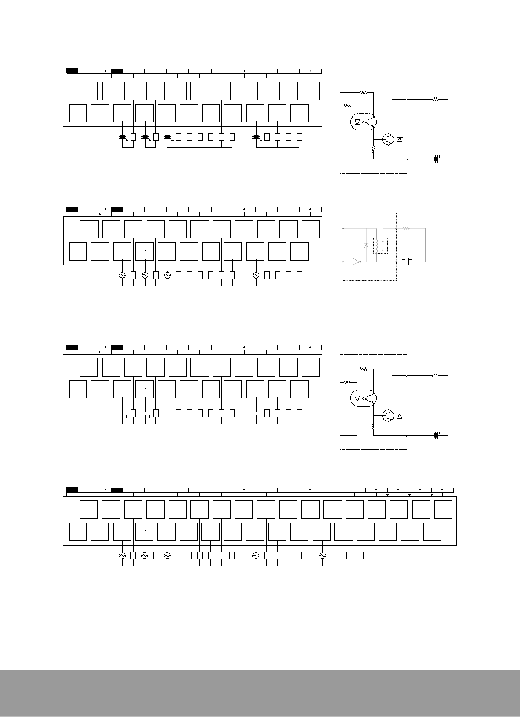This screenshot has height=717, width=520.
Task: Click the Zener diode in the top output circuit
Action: pyautogui.click(x=400, y=140)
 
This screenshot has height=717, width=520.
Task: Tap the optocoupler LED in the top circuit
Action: pyautogui.click(x=358, y=123)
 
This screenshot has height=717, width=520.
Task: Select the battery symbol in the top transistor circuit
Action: pyautogui.click(x=437, y=159)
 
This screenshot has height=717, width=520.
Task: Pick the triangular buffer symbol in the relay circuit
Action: pyautogui.click(x=356, y=262)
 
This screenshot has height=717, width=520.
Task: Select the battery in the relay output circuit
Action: pyautogui.click(x=407, y=262)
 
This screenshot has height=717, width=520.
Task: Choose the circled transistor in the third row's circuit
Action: pyautogui.click(x=389, y=415)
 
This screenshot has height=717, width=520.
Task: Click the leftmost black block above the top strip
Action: pyautogui.click(x=72, y=71)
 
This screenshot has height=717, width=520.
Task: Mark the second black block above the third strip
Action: pyautogui.click(x=117, y=347)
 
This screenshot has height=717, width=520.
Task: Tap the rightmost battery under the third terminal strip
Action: pyautogui.click(x=257, y=413)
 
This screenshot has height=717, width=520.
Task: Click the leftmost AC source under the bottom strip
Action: pyautogui.click(x=123, y=555)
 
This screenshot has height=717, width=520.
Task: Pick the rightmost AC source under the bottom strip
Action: pyautogui.click(x=322, y=555)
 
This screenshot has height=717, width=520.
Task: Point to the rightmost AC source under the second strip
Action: pyautogui.click(x=256, y=276)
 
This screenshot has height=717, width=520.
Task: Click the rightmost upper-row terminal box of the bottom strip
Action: pyautogui.click(x=443, y=509)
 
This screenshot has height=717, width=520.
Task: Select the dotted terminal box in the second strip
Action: pyautogui.click(x=145, y=251)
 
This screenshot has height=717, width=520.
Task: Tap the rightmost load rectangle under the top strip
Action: pyautogui.click(x=299, y=137)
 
